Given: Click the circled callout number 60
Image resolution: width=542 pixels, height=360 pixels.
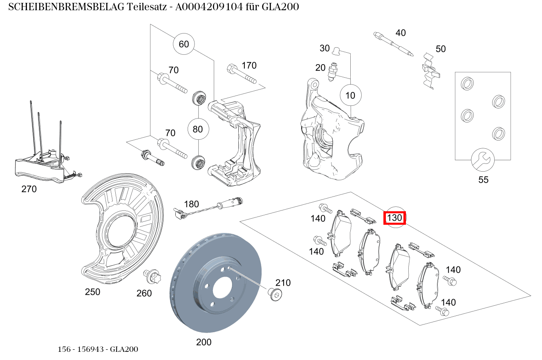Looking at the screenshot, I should tap(184, 44).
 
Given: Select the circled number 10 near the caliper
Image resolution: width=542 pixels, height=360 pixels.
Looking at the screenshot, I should tap(350, 95).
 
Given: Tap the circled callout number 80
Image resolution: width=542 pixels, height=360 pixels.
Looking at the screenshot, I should tap(198, 129).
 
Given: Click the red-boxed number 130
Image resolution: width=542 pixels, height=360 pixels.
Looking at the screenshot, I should tap(394, 218).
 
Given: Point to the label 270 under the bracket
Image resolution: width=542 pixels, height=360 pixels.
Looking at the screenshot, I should tap(29, 189).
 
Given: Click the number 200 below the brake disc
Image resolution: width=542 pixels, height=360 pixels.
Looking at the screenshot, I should tap(204, 342).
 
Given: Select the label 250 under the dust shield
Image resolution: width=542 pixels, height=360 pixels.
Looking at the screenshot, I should tap(92, 292).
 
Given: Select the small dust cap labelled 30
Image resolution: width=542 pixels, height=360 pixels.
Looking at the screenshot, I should tap(336, 50).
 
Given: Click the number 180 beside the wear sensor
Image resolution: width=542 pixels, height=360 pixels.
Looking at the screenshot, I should tap(191, 204).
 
